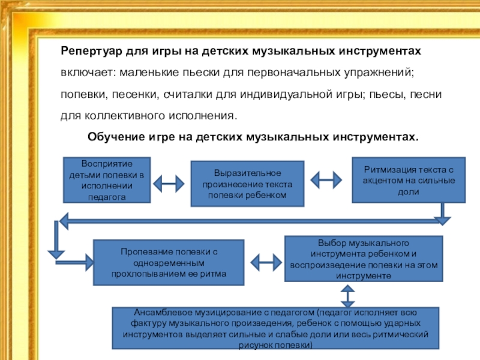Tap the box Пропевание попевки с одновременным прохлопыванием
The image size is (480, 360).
[x=169, y=262]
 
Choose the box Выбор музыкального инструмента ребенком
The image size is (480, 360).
[x=363, y=259]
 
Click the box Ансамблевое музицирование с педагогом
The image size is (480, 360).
[x=275, y=329]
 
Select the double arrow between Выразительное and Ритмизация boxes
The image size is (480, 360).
[x=326, y=178]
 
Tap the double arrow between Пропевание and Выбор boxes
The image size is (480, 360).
[x=264, y=262]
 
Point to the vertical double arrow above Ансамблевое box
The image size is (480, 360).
[x=347, y=295]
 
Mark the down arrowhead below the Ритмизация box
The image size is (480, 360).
[x=443, y=219]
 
